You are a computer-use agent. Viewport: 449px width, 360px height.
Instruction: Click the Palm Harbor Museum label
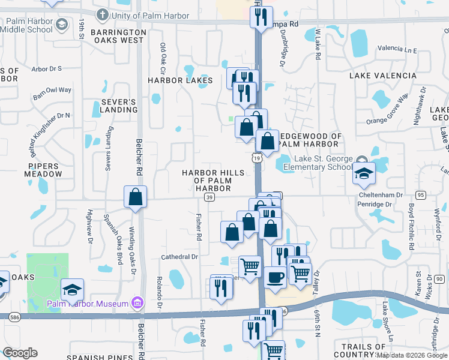click(88, 303)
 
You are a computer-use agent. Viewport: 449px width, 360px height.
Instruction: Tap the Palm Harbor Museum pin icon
click(137, 303)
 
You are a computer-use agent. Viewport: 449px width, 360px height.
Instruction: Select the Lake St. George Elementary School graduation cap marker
click(364, 173)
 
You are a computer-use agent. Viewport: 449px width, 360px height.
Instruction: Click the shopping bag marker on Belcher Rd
click(136, 196)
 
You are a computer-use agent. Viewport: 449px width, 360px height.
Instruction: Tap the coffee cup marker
click(275, 277)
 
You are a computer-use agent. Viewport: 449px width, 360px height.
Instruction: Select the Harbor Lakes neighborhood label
click(181, 80)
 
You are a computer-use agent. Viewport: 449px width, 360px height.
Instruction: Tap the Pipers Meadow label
click(43, 170)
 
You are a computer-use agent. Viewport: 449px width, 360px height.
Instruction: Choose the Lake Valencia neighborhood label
click(383, 76)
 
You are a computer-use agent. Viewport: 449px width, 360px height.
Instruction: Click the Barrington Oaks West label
click(118, 36)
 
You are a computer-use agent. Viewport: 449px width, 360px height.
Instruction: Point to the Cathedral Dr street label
click(179, 257)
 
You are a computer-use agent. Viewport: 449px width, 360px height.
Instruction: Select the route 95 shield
click(420, 195)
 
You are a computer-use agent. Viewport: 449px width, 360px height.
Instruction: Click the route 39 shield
click(209, 197)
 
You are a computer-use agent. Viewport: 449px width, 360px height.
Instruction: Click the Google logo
click(19, 353)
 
